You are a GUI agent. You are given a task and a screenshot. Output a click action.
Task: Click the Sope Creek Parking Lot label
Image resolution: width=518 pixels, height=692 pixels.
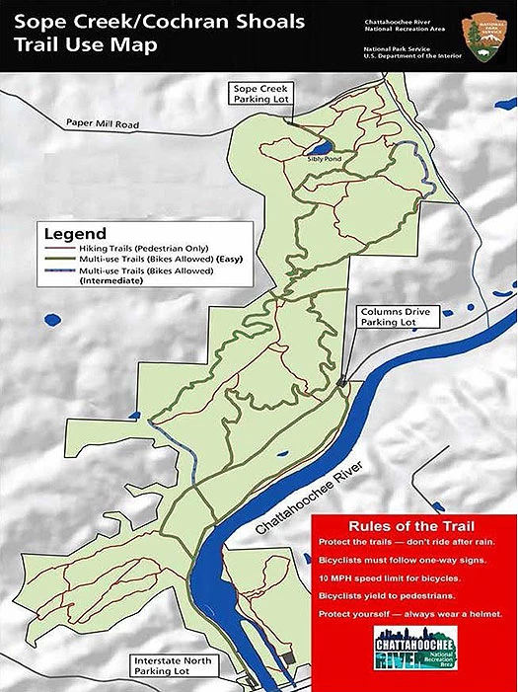point(259,94)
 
